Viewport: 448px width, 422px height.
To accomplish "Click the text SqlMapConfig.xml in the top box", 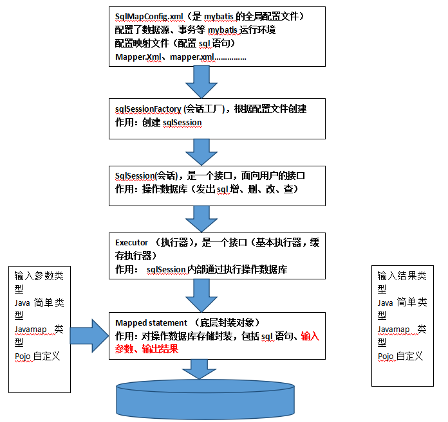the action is [149, 17].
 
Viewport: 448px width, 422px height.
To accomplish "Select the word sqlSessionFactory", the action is [148, 109].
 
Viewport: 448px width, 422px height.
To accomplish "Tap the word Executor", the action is [131, 242].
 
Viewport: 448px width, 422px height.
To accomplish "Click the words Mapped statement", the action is [151, 323].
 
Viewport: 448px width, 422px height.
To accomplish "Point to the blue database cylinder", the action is [205, 399].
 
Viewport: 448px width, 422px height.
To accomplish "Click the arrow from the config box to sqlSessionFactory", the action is [201, 82].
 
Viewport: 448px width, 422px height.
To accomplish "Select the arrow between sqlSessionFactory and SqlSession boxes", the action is [201, 152].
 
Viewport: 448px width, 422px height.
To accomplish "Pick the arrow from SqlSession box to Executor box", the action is [201, 219].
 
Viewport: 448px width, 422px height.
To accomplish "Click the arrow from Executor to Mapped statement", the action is [201, 295].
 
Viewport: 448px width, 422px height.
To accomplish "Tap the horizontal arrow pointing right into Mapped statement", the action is [89, 336].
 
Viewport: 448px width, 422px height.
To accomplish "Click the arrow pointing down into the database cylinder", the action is [199, 369].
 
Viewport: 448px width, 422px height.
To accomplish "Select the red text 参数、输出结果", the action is [147, 349].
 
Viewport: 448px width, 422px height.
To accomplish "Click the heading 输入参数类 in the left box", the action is [39, 276].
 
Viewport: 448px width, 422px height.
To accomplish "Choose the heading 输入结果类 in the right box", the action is [402, 276].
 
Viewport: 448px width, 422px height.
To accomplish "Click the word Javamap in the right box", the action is [393, 330].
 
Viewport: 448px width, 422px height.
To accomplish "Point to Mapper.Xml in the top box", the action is [138, 57].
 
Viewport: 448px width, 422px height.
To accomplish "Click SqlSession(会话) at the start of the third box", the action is [147, 175].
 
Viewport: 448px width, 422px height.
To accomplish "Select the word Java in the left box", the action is [23, 303].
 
